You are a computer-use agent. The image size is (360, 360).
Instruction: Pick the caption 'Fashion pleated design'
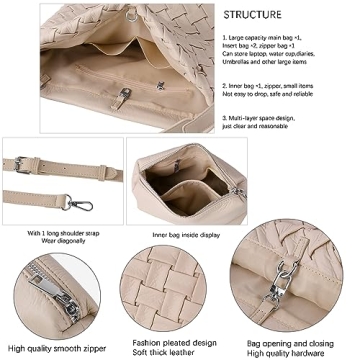click(x=176, y=341)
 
